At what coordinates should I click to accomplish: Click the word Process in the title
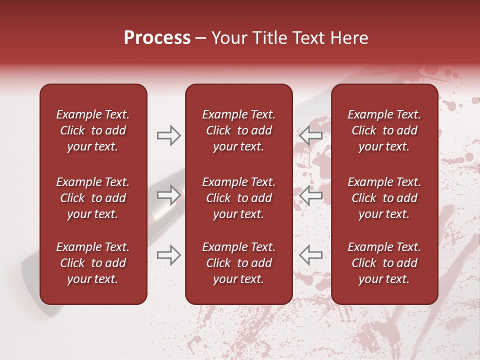(x=157, y=38)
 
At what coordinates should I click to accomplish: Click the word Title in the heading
(x=268, y=38)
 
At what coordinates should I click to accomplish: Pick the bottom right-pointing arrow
(x=168, y=255)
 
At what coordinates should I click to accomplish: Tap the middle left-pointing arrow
(x=310, y=195)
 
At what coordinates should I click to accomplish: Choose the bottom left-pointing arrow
(x=310, y=255)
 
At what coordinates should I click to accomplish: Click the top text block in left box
(x=93, y=130)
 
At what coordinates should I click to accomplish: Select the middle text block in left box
(x=93, y=198)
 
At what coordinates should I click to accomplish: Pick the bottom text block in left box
(x=93, y=263)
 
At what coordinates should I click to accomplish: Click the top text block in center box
(x=238, y=130)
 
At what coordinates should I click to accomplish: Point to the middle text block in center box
(x=238, y=198)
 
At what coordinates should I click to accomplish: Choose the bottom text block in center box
(x=238, y=263)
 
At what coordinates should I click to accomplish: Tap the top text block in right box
(x=384, y=130)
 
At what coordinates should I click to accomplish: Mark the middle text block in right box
(x=384, y=198)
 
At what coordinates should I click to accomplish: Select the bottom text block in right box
(x=384, y=263)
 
